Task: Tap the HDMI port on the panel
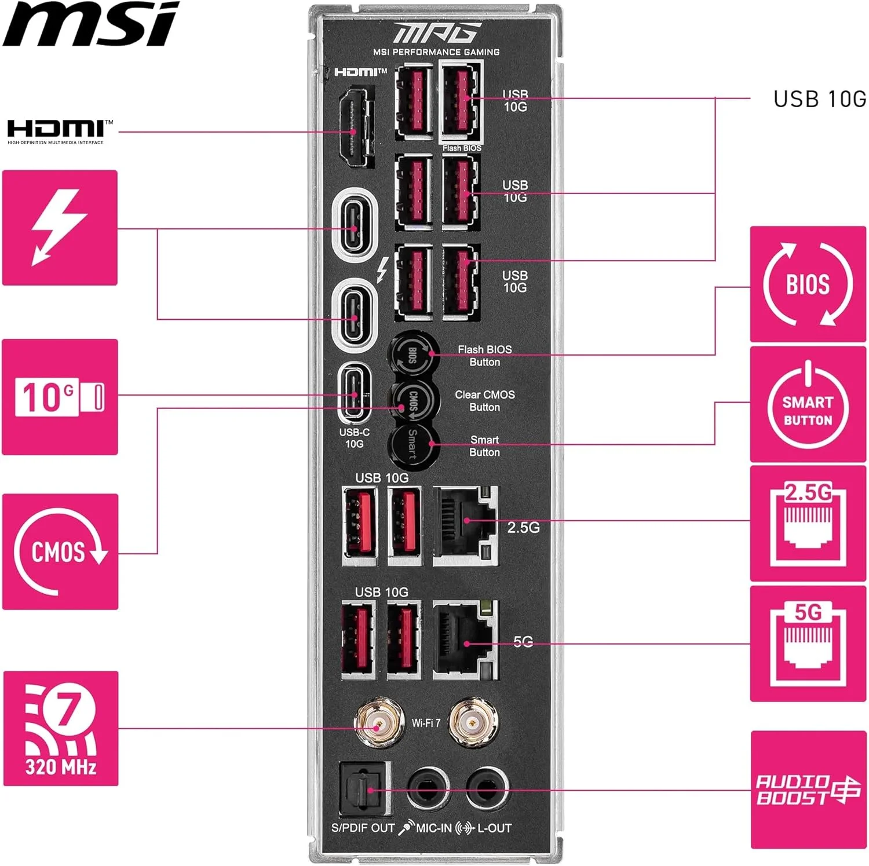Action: (x=354, y=127)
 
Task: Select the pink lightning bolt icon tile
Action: (x=60, y=228)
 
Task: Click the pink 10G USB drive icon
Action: (x=60, y=397)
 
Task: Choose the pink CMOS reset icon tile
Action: (x=60, y=551)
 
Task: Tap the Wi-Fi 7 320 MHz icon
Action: (x=61, y=728)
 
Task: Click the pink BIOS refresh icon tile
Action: (x=808, y=284)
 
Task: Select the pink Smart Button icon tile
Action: (x=808, y=404)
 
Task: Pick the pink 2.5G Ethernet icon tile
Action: (x=808, y=524)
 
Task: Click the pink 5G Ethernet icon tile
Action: (x=808, y=644)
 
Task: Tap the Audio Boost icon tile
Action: (x=808, y=790)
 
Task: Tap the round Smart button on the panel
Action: (x=412, y=445)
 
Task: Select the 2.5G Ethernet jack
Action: (x=465, y=525)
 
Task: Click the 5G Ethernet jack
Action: (x=465, y=641)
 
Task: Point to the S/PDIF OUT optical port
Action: (x=364, y=789)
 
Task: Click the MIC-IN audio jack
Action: (x=428, y=789)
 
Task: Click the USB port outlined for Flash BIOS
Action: (x=461, y=102)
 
